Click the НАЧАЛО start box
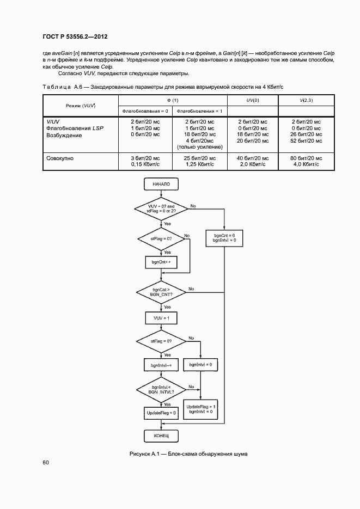pyautogui.click(x=162, y=185)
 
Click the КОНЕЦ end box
pyautogui.click(x=162, y=436)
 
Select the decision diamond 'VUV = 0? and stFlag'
pyautogui.click(x=162, y=208)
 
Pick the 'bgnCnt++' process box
pyautogui.click(x=162, y=262)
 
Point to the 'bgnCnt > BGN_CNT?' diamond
pyautogui.click(x=162, y=291)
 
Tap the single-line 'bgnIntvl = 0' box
pyautogui.click(x=200, y=364)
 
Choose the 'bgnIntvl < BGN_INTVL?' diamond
pyautogui.click(x=162, y=389)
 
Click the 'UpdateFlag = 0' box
pyautogui.click(x=162, y=414)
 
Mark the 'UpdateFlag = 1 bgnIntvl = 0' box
pyautogui.click(x=201, y=409)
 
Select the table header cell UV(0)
pyautogui.click(x=252, y=101)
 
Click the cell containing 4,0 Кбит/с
pyautogui.click(x=306, y=164)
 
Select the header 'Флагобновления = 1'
pyautogui.click(x=199, y=111)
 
